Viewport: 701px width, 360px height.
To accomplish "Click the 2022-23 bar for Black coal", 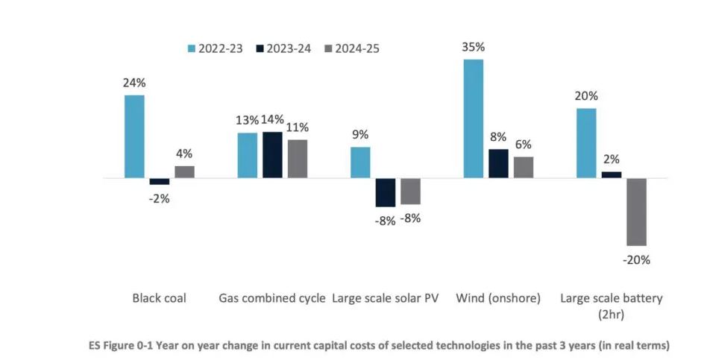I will click(134, 137).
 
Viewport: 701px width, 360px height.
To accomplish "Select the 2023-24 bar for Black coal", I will click(159, 182).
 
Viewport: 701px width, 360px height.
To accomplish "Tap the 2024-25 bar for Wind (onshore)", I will click(524, 168).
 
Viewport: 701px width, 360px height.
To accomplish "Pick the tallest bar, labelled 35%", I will click(474, 119).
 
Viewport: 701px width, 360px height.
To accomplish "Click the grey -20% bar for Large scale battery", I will click(636, 212).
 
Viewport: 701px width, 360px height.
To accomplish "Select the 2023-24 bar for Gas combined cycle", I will click(272, 155).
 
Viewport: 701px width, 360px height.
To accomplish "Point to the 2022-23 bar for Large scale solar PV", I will click(360, 162).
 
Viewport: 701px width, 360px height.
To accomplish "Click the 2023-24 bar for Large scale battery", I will click(612, 175).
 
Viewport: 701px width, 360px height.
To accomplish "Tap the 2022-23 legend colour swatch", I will click(191, 48).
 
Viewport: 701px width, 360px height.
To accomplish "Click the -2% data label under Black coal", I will click(159, 199).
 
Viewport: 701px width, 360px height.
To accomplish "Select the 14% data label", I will click(273, 119).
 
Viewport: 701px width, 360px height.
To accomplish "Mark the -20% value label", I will click(636, 260).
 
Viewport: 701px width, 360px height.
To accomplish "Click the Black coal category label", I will click(159, 298).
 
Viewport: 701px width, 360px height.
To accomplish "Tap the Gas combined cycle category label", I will click(272, 298).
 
